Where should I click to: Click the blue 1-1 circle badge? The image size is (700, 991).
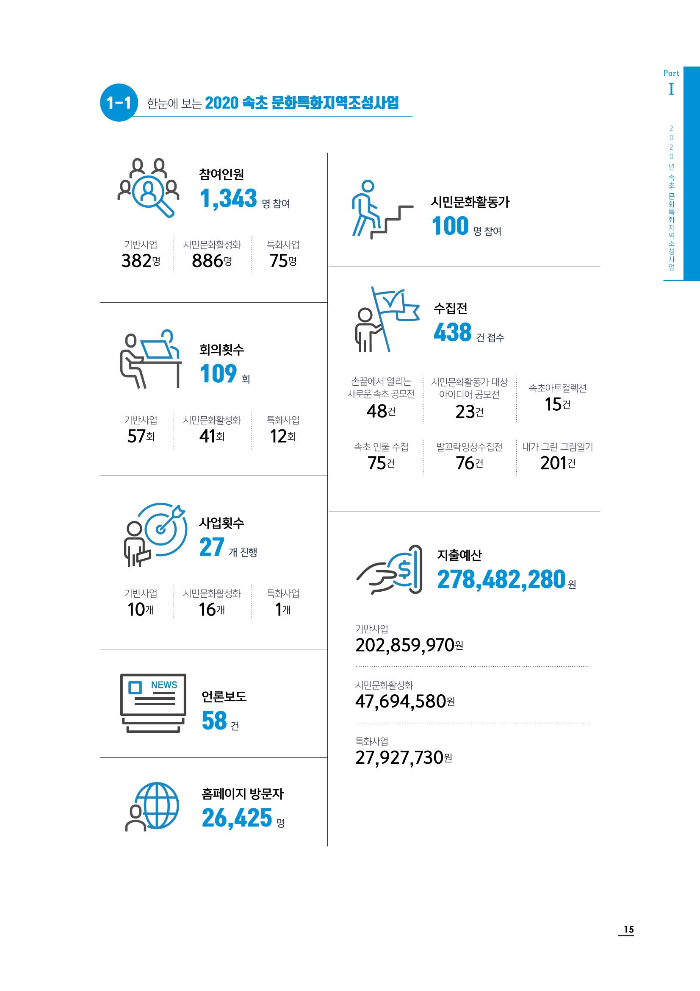coord(119,102)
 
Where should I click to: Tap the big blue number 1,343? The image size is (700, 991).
coord(228,198)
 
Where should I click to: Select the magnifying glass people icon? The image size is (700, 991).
coord(148,188)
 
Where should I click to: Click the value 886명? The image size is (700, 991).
coord(212,261)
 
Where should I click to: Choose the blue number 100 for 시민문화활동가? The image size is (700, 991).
coord(450,226)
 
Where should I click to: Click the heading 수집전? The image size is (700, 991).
coord(450,308)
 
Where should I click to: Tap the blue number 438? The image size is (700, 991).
coord(452,332)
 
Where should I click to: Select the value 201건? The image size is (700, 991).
coord(558,463)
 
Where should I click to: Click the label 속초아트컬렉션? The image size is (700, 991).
coord(558,388)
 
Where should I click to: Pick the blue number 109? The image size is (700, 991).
coord(218,374)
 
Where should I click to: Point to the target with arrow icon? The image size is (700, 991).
coord(155,534)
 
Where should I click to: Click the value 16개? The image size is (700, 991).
coord(212,610)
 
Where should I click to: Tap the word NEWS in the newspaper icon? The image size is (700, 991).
coord(164,685)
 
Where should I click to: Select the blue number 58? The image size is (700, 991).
coord(214,721)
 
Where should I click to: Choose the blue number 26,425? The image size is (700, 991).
coord(237,818)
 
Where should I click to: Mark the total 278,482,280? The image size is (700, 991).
coord(501,579)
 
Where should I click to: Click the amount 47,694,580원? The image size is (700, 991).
coord(405,701)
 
